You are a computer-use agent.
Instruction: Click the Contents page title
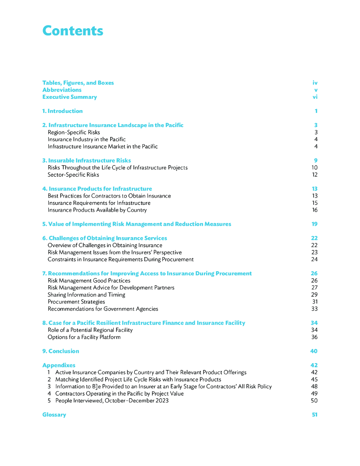click(73, 31)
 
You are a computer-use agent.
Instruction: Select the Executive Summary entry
click(70, 97)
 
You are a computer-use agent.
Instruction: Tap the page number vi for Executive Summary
click(315, 97)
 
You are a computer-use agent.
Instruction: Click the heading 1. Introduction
click(62, 111)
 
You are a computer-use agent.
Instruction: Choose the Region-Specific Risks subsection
click(74, 132)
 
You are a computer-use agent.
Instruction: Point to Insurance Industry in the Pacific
click(86, 139)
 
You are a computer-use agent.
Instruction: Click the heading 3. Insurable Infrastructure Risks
click(86, 161)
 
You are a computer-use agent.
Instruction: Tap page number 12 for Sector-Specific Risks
click(314, 175)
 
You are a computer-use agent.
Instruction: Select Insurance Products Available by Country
click(97, 210)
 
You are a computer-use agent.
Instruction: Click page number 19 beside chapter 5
click(314, 224)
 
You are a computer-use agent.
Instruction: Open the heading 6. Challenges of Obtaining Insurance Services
click(105, 238)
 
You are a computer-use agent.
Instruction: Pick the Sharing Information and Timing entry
click(86, 295)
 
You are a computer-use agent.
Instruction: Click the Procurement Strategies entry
click(76, 302)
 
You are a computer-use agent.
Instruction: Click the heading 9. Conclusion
click(61, 351)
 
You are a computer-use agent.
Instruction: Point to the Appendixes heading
click(59, 365)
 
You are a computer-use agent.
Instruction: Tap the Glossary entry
click(54, 415)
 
